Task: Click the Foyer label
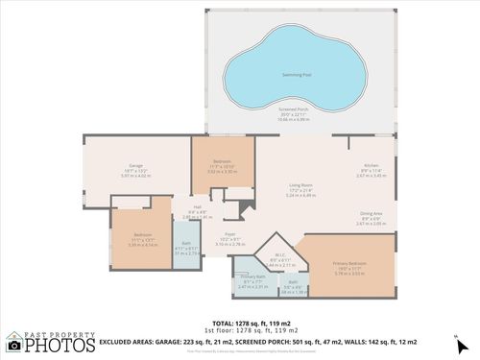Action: [x=230, y=234]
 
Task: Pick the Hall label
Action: [x=196, y=206]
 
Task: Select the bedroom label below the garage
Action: [x=142, y=235]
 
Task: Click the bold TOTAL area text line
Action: [x=239, y=324]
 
